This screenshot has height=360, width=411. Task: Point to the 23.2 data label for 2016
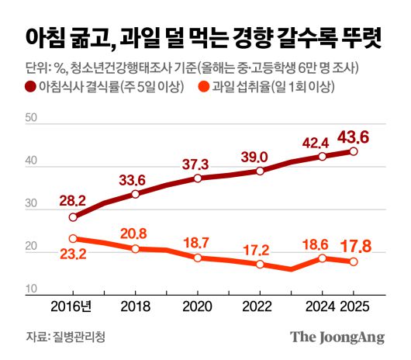pos(73,253)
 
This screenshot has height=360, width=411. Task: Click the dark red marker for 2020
pos(198,178)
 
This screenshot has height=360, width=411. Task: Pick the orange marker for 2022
pos(260,265)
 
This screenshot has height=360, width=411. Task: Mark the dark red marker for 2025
pos(353,152)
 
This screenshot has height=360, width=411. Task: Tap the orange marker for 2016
pos(73,239)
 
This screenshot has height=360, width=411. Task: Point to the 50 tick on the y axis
pos(32,119)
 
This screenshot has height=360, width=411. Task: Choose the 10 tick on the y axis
pos(32,289)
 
